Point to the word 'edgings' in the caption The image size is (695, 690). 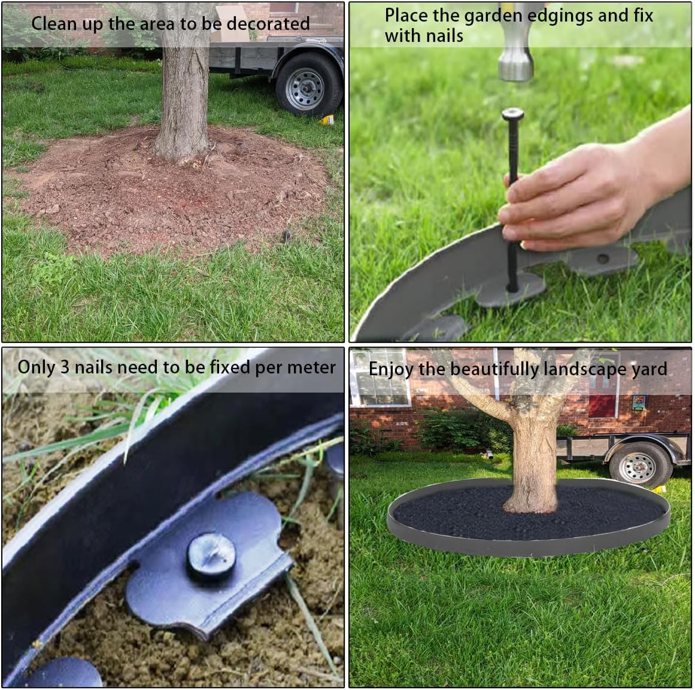557,16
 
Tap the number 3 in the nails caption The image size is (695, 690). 65,367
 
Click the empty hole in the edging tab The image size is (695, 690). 603,259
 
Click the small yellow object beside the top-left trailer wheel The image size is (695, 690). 327,120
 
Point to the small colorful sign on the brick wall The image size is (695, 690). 638,402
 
